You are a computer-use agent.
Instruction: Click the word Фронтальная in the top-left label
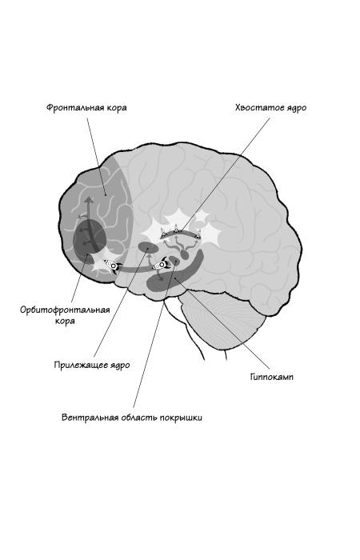pyautogui.click(x=73, y=107)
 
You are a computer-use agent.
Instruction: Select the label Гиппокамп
pyautogui.click(x=271, y=377)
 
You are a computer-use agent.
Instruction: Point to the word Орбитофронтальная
pyautogui.click(x=65, y=310)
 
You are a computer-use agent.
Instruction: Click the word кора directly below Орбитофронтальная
pyautogui.click(x=65, y=321)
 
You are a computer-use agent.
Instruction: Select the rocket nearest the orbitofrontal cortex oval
pyautogui.click(x=112, y=266)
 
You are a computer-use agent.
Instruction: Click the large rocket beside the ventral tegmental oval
pyautogui.click(x=161, y=264)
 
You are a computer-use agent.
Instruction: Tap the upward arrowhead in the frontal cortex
pyautogui.click(x=88, y=199)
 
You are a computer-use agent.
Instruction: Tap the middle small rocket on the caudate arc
pyautogui.click(x=176, y=228)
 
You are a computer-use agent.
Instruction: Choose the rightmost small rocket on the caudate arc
pyautogui.click(x=198, y=234)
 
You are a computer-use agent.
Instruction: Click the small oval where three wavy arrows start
pyautogui.click(x=185, y=254)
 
